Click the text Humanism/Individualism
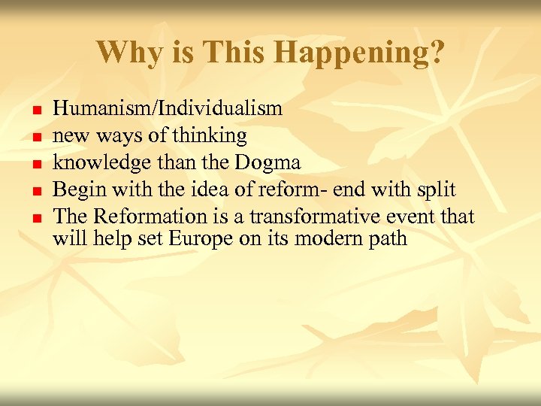click(168, 108)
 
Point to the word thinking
click(210, 136)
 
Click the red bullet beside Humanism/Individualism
click(36, 110)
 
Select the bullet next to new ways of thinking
click(36, 137)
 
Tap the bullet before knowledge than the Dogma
click(36, 164)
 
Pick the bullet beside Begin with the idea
click(36, 191)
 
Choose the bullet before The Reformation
click(36, 218)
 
